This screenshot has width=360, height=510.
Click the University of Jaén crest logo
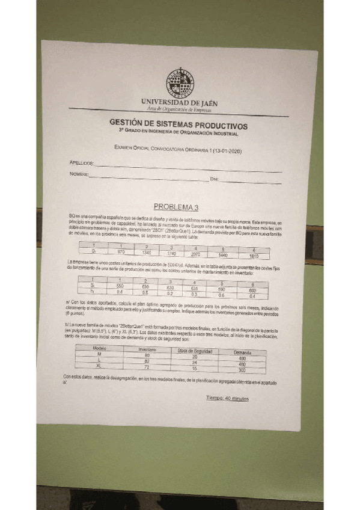(178, 83)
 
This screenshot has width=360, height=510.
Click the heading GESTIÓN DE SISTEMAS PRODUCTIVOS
(178, 124)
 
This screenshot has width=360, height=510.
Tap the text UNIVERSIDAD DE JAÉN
(179, 103)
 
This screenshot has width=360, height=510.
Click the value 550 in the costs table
(120, 286)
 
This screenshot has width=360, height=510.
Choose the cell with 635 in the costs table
(194, 288)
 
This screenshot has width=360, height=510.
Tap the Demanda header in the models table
(242, 352)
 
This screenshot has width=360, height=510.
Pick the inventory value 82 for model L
(147, 360)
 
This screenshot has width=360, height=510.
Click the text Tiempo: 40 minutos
(227, 398)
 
